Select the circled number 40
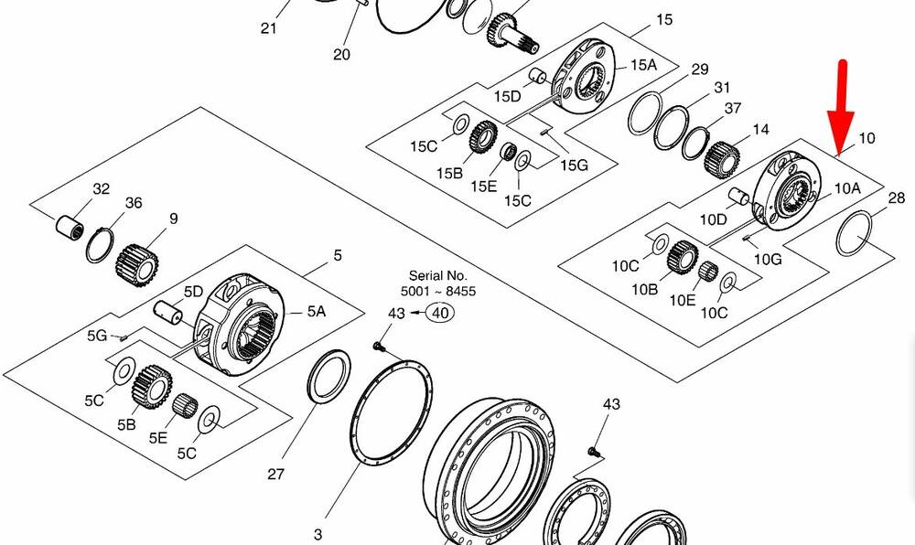point(440,313)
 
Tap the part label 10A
point(847,187)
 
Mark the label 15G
point(574,165)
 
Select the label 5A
point(316,312)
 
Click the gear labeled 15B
point(482,140)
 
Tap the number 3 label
point(318,534)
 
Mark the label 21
point(268,28)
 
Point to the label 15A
point(643,65)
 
